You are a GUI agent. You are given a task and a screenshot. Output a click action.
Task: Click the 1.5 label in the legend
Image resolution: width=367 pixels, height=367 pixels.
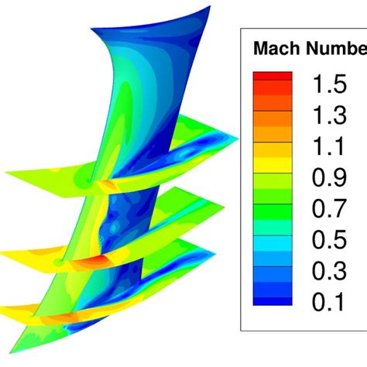pyautogui.click(x=329, y=81)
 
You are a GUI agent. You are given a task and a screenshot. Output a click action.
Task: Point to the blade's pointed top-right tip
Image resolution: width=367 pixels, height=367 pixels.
pyautogui.click(x=210, y=7)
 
